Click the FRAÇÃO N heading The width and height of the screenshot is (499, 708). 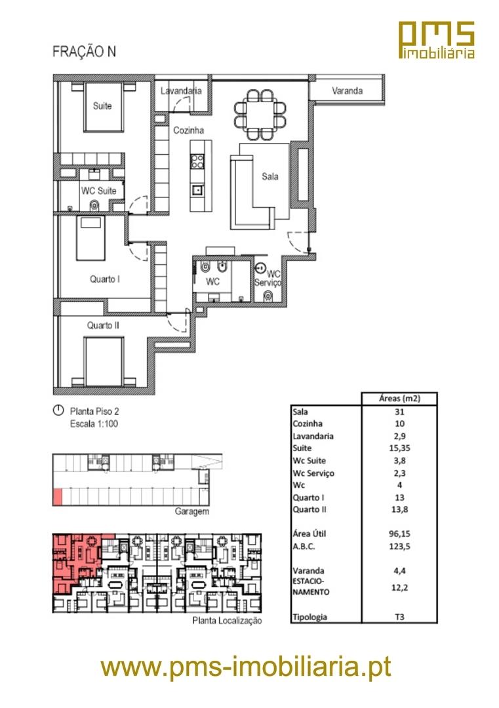[84, 52]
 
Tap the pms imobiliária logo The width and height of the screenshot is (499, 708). [437, 40]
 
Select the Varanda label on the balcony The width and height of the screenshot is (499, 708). [347, 90]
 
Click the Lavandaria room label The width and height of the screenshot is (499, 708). [181, 90]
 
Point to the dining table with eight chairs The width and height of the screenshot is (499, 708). [260, 115]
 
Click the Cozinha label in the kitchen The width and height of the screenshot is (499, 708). [188, 130]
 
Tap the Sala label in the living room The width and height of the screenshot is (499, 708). [269, 176]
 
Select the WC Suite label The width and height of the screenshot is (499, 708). [98, 191]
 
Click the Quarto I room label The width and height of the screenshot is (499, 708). [105, 279]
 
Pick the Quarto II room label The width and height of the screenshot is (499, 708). [104, 325]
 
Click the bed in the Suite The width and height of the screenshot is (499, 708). [104, 108]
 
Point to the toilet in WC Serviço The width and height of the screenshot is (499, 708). [268, 297]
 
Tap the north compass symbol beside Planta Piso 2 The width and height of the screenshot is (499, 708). [58, 410]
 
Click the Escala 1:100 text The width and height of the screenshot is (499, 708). [94, 424]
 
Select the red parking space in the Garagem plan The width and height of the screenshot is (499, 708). [57, 497]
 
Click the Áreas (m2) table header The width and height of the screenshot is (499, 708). [399, 399]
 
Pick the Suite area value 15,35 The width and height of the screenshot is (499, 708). [399, 448]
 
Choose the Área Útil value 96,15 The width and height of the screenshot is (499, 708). [399, 534]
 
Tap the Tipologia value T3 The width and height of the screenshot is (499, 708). [399, 617]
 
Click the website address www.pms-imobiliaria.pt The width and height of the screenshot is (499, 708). [246, 667]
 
